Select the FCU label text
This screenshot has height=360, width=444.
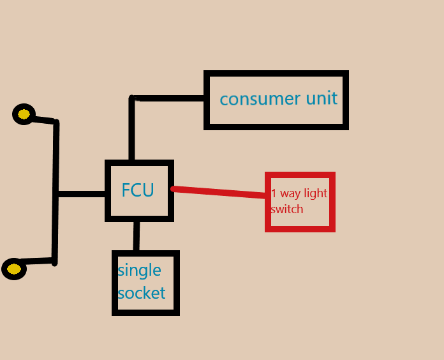tap(138, 190)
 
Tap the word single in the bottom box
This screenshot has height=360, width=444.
tap(139, 271)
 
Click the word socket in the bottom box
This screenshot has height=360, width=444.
tap(141, 293)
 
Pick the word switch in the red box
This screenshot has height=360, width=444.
tap(286, 209)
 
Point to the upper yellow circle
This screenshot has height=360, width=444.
tap(24, 114)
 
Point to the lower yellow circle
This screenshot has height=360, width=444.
tap(14, 269)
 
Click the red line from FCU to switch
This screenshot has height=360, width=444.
tap(220, 193)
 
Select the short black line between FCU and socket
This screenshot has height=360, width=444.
tap(137, 236)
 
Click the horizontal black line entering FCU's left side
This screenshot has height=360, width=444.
tap(82, 194)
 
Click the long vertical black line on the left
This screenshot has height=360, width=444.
tap(56, 191)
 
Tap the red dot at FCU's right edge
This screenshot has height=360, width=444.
tap(174, 189)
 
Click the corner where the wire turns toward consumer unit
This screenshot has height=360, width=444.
tap(133, 99)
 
